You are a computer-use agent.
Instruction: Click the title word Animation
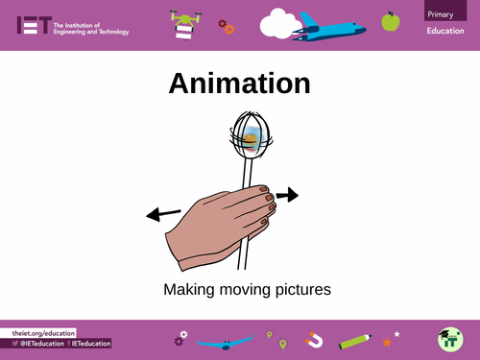pos(240,84)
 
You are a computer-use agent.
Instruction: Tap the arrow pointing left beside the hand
pos(162,213)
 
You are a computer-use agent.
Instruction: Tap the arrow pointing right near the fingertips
pos(287,196)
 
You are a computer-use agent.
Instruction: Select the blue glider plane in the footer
pos(224,340)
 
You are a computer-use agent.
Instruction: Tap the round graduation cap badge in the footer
pos(448,339)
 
